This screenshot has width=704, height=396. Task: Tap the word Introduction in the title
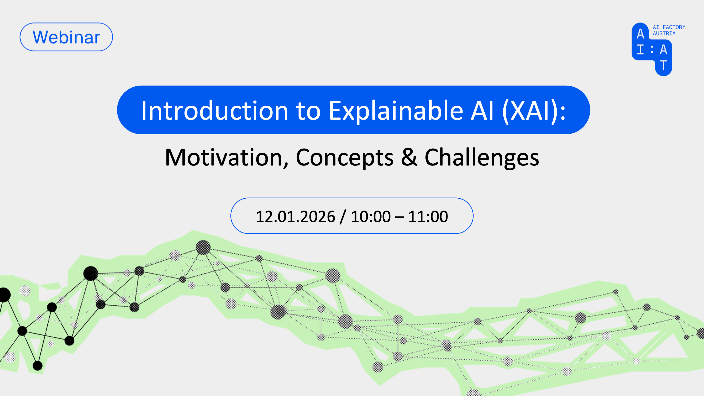215,110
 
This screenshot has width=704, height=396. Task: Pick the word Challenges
482,158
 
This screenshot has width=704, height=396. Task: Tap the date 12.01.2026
295,217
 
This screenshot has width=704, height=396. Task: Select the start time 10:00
371,217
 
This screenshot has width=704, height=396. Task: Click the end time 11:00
428,217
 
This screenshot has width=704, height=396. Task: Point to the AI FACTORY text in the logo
669,27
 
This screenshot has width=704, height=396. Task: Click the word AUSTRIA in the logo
664,34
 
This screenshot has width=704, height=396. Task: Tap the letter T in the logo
663,65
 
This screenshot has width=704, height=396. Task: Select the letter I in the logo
640,50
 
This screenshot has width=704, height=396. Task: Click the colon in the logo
652,50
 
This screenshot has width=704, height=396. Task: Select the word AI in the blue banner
483,110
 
